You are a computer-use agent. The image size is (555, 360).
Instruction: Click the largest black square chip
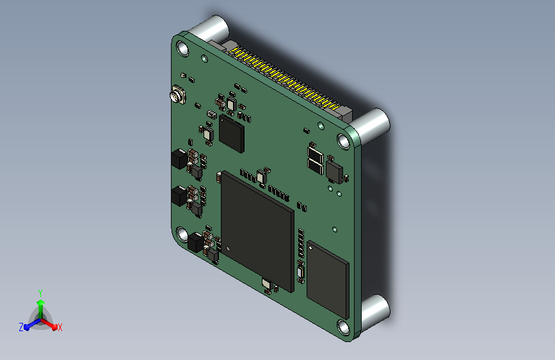tap(257, 231)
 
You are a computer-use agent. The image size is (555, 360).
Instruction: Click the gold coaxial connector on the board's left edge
tap(177, 94)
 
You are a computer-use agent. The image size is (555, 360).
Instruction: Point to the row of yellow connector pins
tap(286, 79)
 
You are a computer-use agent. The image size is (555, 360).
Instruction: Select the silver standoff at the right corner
tap(371, 126)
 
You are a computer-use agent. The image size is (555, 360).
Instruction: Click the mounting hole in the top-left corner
tap(182, 49)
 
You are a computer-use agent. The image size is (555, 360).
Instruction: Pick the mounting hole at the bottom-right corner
tap(344, 327)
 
